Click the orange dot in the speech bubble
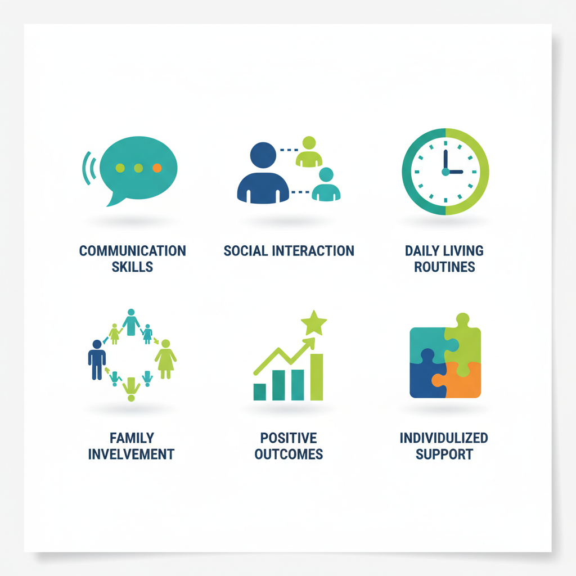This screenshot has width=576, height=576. pos(157,168)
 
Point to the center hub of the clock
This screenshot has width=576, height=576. pos(445,172)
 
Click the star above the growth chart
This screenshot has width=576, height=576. pos(313,323)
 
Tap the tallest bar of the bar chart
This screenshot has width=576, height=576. pos(317,376)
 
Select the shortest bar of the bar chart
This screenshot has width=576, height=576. pos(260,391)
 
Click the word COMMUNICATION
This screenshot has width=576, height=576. pos(132,250)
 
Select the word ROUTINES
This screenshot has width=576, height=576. pos(444,267)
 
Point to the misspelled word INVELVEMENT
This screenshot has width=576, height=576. pos(132,454)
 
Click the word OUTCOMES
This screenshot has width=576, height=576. pos(289,454)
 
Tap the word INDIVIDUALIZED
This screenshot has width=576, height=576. pos(444,438)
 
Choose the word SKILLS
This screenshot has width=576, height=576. pos(132,267)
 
